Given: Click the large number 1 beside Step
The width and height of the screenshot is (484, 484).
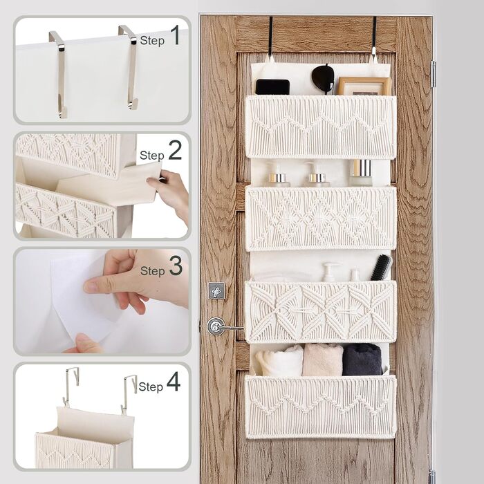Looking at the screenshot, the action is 176,35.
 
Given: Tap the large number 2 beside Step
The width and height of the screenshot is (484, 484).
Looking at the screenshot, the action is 175,150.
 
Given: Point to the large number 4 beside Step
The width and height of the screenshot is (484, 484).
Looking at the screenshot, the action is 174,381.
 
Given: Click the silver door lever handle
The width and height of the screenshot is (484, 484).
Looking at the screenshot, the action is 221,326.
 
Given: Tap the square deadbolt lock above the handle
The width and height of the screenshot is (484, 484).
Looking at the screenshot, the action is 216,290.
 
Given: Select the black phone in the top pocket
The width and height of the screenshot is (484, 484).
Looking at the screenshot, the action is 272,87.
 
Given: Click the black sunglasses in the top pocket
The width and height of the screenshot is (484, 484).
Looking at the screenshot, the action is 323,78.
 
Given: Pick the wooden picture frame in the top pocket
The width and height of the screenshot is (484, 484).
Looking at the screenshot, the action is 364,86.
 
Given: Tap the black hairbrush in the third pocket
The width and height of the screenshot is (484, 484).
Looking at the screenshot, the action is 381,268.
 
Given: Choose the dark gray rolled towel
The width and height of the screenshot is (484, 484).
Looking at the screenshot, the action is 362,360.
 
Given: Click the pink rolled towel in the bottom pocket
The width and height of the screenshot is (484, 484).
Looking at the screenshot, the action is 323,360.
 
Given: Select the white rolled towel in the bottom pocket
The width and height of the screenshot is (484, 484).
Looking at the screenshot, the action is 280,360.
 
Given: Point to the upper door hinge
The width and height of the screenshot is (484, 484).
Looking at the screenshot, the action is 433,74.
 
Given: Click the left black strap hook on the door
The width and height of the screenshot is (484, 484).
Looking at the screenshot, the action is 271,38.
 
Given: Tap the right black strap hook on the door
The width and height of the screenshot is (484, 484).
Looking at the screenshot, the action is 374,37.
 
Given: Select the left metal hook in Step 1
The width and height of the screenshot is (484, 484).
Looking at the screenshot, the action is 59,73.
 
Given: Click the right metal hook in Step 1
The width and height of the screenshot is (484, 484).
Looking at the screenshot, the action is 130,66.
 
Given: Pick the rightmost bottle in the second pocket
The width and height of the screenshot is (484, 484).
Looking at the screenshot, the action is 360,173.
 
